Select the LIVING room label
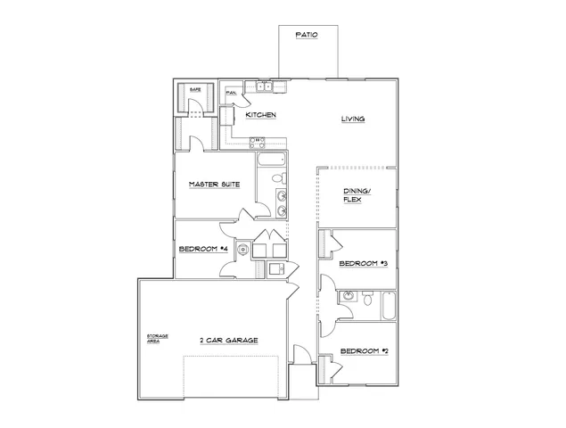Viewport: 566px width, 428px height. click(x=354, y=119)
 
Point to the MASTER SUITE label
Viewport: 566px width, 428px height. click(x=211, y=185)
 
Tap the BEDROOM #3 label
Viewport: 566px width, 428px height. click(x=362, y=265)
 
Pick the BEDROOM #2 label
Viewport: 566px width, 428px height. click(x=363, y=350)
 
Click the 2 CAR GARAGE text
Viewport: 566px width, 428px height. click(x=228, y=339)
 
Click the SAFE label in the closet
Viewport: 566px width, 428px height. click(x=194, y=90)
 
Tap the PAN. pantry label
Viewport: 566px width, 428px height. click(x=230, y=93)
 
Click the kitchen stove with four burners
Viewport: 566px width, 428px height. click(x=257, y=140)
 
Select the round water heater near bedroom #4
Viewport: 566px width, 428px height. click(x=242, y=251)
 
